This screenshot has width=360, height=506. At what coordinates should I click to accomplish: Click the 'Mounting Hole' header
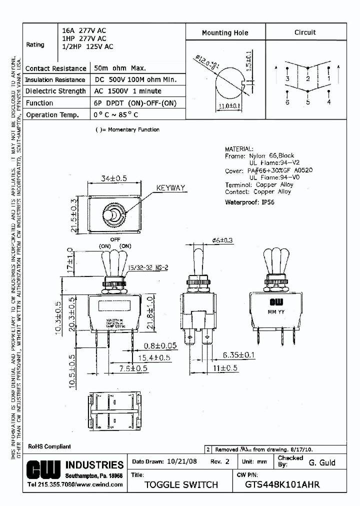224,33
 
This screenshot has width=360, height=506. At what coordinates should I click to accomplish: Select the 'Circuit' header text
305,32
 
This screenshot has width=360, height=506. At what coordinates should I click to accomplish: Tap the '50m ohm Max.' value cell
120,68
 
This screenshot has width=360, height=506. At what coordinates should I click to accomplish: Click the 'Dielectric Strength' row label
55,91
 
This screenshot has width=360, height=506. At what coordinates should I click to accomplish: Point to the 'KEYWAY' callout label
170,188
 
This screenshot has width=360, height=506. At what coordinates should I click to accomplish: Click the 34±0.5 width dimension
113,178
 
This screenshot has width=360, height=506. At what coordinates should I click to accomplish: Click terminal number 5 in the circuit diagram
308,102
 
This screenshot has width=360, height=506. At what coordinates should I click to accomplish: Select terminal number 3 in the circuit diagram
287,79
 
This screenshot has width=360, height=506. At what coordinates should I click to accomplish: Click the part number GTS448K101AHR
282,484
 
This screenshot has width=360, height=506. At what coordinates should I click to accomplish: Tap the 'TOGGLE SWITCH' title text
181,484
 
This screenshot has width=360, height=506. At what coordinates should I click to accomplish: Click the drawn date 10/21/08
178,462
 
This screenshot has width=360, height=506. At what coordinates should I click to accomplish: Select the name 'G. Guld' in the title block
321,462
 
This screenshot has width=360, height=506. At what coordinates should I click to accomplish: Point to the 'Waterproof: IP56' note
249,202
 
